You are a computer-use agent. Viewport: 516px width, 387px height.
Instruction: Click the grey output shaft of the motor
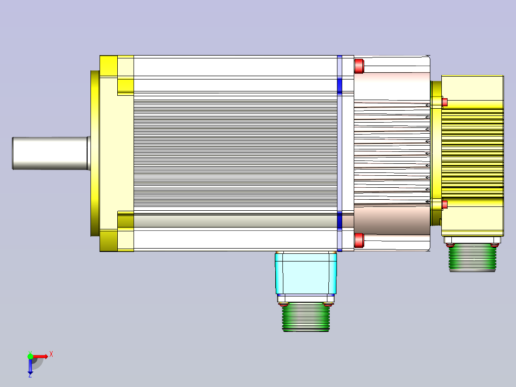pyautogui.click(x=51, y=153)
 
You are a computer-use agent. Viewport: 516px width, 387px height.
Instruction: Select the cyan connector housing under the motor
pyautogui.click(x=306, y=273)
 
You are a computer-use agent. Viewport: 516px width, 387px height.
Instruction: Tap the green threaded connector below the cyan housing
pyautogui.click(x=306, y=317)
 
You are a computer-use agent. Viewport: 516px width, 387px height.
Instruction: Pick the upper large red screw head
pyautogui.click(x=359, y=66)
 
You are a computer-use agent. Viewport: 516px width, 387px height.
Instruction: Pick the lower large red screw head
pyautogui.click(x=359, y=240)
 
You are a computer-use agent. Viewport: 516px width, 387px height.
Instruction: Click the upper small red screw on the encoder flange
pyautogui.click(x=445, y=102)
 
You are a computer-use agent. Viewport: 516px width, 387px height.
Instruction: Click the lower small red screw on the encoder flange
pyautogui.click(x=445, y=205)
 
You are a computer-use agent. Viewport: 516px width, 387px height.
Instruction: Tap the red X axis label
pyautogui.click(x=51, y=354)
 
